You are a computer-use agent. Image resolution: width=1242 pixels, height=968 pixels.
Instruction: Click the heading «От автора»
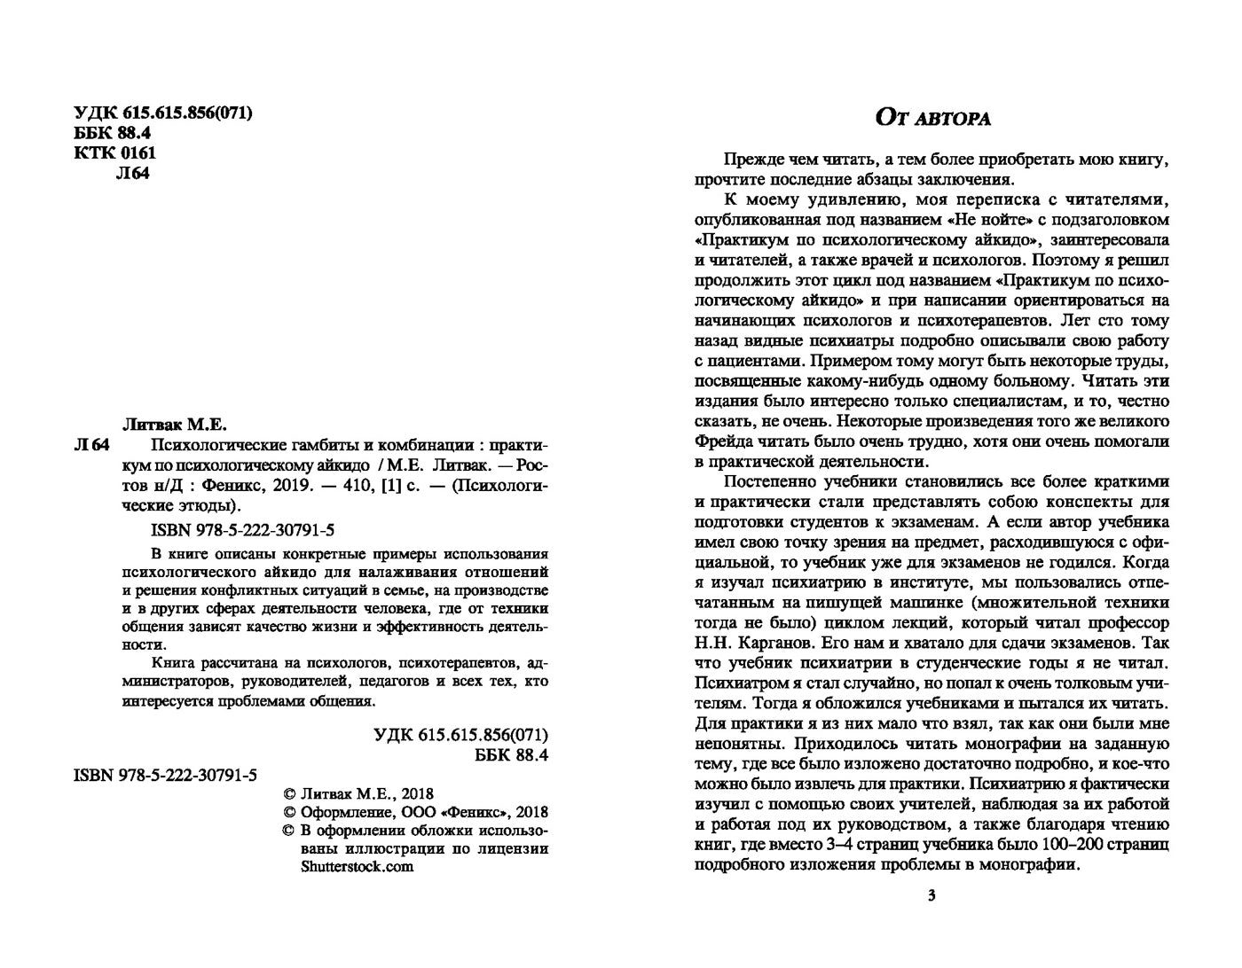pyautogui.click(x=932, y=118)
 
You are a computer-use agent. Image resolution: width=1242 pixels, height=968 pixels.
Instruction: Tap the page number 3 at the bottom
pyautogui.click(x=931, y=896)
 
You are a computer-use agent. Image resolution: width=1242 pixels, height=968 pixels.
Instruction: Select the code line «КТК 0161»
pyautogui.click(x=114, y=152)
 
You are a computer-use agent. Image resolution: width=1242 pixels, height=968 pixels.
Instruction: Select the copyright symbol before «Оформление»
pyautogui.click(x=287, y=812)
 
